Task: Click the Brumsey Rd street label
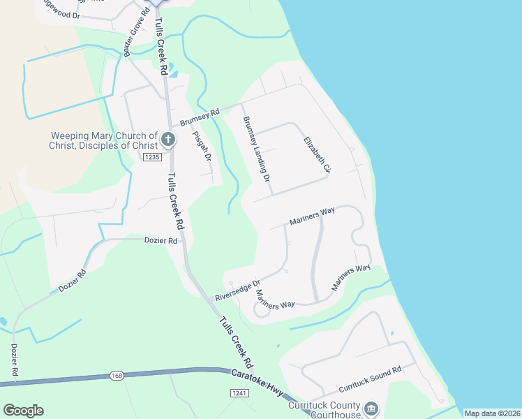click(200, 117)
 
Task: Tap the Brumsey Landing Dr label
click(256, 149)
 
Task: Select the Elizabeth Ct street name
click(316, 155)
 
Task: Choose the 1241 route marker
click(239, 394)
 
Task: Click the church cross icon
click(167, 140)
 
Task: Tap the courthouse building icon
click(371, 408)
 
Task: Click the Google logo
click(23, 410)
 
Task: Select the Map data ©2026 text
click(492, 413)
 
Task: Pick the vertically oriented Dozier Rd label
click(14, 361)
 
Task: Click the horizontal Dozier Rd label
click(161, 240)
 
